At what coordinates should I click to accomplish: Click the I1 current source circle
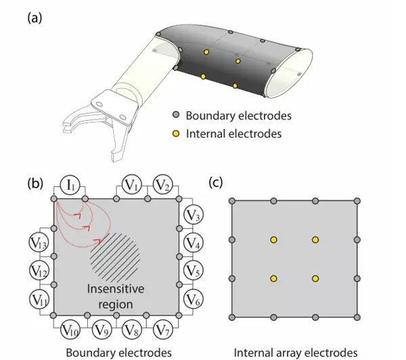71,183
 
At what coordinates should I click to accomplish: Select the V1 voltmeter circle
132,183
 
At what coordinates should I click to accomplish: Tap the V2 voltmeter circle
162,183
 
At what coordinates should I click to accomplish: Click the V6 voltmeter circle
194,298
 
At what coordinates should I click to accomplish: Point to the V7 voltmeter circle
162,330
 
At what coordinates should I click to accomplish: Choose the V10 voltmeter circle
71,330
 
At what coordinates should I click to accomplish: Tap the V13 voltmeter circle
39,243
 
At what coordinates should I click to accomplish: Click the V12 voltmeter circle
39,270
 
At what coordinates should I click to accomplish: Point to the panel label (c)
216,183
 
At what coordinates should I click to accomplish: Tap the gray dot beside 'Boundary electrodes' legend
177,114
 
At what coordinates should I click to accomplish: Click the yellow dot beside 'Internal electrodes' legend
177,133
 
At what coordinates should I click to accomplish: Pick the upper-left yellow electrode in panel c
274,240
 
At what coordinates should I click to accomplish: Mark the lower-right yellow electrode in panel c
315,278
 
